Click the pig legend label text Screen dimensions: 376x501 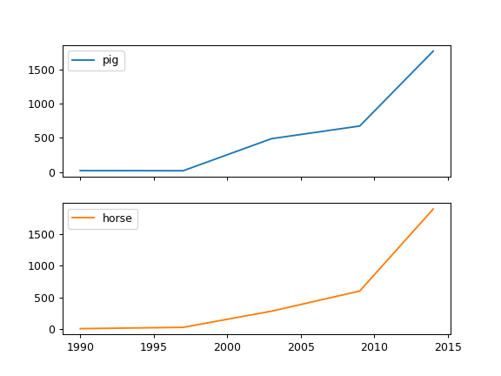coord(110,61)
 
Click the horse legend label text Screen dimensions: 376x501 coord(117,218)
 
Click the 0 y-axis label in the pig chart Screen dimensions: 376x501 coord(52,172)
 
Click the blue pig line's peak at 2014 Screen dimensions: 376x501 coord(433,50)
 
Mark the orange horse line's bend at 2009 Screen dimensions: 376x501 coord(360,291)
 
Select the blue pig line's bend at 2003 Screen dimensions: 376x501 coord(271,138)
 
